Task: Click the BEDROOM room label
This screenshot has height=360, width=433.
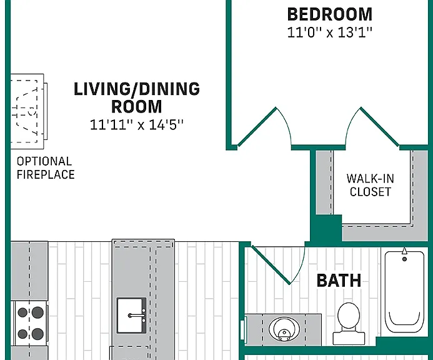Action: click(330, 14)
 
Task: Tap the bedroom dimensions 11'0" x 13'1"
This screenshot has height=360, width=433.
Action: click(330, 32)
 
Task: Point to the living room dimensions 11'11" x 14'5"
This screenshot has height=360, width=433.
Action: click(137, 124)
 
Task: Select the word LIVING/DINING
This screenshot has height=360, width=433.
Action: click(137, 89)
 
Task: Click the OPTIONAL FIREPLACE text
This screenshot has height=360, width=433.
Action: click(46, 168)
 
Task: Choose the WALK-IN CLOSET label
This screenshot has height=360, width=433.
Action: click(371, 185)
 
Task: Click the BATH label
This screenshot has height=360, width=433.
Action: click(339, 281)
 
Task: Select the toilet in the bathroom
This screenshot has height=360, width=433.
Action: click(349, 324)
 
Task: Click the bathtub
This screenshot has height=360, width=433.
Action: click(404, 292)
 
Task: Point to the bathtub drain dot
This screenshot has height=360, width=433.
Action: click(404, 259)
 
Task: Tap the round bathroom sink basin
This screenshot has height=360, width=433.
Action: click(284, 329)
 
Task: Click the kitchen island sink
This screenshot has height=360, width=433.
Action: click(131, 315)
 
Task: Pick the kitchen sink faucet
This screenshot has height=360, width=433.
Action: click(137, 315)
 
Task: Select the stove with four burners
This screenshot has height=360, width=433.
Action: click(31, 323)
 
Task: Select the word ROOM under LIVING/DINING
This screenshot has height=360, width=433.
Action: click(137, 107)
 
